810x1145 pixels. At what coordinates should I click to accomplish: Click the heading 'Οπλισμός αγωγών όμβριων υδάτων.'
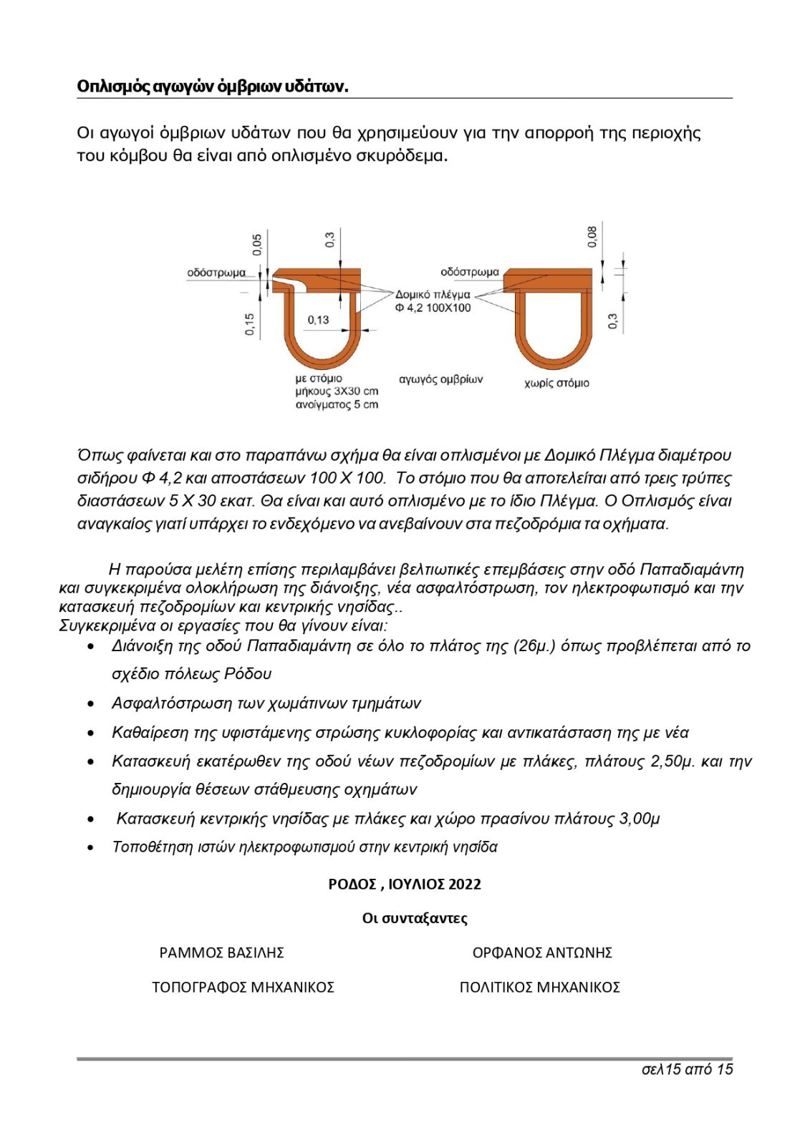pyautogui.click(x=212, y=87)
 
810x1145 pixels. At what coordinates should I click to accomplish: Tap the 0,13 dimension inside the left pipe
pyautogui.click(x=319, y=320)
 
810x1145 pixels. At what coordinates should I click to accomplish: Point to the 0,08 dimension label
pyautogui.click(x=592, y=237)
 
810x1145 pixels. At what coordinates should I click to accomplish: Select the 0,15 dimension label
pyautogui.click(x=249, y=324)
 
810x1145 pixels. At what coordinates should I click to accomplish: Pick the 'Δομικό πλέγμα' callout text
pyautogui.click(x=433, y=294)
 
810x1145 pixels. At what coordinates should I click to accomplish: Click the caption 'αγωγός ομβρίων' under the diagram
pyautogui.click(x=440, y=379)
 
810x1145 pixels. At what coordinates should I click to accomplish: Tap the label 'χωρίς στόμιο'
pyautogui.click(x=556, y=383)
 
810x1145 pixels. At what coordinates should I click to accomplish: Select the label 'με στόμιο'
pyautogui.click(x=319, y=378)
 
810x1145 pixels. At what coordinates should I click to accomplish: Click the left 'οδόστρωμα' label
pyautogui.click(x=216, y=273)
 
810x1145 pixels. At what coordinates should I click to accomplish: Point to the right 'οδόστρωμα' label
pyautogui.click(x=470, y=272)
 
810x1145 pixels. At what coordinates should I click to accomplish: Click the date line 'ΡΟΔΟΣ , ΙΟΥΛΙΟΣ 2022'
pyautogui.click(x=405, y=884)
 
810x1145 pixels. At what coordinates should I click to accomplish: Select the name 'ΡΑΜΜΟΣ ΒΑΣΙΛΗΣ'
pyautogui.click(x=222, y=952)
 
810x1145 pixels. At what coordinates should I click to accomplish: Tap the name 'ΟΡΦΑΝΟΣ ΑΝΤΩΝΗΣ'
pyautogui.click(x=542, y=952)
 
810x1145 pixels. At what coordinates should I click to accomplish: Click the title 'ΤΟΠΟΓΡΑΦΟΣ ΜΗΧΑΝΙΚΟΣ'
pyautogui.click(x=243, y=987)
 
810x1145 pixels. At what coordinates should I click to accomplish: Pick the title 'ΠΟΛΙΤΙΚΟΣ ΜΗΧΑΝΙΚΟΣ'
pyautogui.click(x=539, y=987)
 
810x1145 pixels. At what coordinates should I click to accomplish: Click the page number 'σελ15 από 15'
pyautogui.click(x=688, y=1069)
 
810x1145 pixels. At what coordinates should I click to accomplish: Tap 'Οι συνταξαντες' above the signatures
pyautogui.click(x=415, y=918)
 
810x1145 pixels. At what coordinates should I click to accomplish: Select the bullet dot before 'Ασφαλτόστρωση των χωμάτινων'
pyautogui.click(x=91, y=704)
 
